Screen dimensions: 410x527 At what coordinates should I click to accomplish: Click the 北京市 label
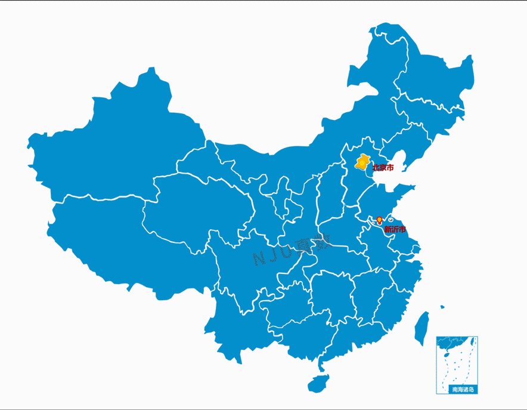383,168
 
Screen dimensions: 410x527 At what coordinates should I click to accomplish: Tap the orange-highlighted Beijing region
361,162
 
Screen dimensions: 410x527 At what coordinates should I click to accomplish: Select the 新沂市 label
395,229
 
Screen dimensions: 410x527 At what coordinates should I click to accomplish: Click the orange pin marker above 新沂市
380,220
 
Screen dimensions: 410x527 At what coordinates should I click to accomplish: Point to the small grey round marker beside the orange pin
390,220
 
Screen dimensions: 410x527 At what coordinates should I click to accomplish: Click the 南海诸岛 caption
463,390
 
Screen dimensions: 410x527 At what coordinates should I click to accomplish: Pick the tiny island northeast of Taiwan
442,307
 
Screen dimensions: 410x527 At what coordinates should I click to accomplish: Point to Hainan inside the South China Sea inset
445,353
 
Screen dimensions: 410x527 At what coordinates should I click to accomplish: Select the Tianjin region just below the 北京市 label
371,176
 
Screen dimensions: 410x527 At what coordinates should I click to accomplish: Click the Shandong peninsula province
382,200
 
